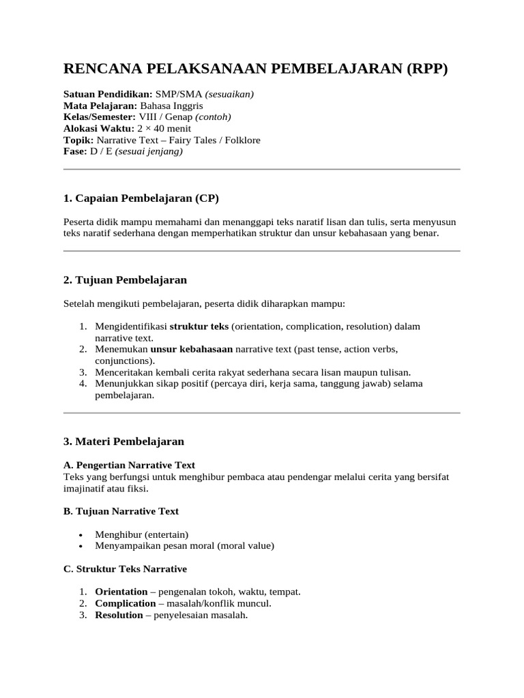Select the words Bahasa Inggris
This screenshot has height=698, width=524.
[171, 106]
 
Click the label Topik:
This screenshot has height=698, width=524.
[78, 140]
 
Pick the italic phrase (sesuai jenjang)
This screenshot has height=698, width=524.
[149, 151]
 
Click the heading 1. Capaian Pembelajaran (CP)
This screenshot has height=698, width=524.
[141, 198]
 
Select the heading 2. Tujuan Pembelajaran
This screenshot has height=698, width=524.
[125, 280]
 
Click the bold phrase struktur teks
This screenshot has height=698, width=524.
[199, 327]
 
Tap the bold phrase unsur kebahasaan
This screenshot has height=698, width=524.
[192, 349]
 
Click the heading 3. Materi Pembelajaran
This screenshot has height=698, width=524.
[123, 442]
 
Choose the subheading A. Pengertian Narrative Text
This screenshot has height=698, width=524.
[129, 464]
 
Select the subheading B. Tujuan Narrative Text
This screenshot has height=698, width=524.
[121, 511]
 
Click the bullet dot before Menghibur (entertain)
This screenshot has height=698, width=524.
[81, 535]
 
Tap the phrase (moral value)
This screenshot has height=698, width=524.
[245, 545]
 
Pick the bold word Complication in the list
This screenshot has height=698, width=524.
[125, 603]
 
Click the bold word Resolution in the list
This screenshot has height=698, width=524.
[119, 615]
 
